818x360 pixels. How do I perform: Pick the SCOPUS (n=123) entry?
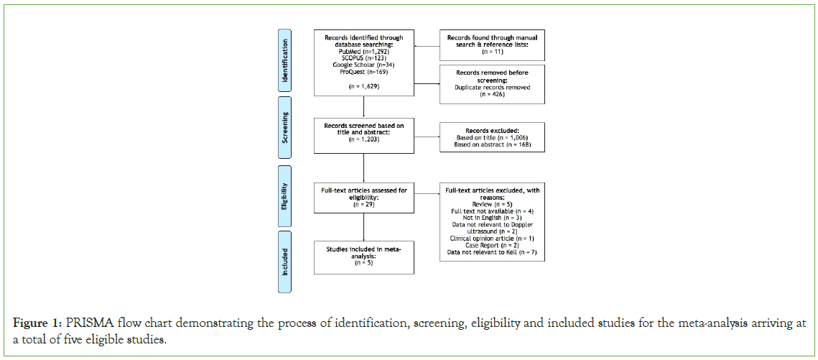tap(364, 57)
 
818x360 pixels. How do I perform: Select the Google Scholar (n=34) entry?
tap(364, 65)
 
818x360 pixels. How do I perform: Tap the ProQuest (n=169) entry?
tap(364, 72)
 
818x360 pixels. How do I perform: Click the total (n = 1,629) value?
tap(364, 86)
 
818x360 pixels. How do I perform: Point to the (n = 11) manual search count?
tap(492, 52)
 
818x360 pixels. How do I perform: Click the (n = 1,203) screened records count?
tap(364, 139)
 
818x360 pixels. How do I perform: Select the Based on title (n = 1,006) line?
tap(492, 138)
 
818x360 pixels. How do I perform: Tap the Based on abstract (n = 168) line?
tap(492, 144)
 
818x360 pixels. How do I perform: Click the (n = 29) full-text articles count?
tap(364, 204)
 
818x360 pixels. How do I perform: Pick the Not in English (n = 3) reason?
tap(492, 218)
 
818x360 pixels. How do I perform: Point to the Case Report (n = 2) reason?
tap(492, 245)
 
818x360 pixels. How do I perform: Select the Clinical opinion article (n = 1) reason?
tap(492, 238)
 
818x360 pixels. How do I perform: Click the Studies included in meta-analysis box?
tap(364, 257)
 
